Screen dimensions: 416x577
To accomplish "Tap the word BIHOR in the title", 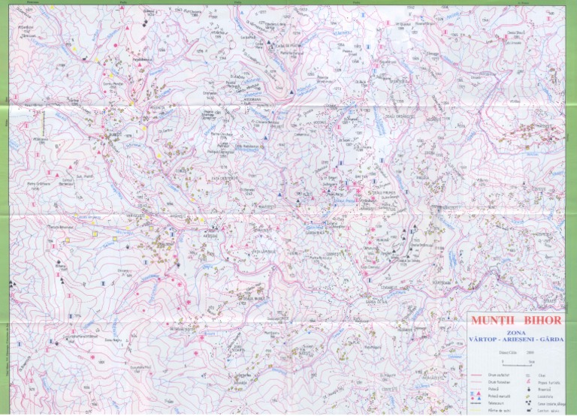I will point(542,321).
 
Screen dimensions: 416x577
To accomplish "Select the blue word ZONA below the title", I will point(516,333).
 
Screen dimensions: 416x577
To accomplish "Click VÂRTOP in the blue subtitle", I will point(484,339).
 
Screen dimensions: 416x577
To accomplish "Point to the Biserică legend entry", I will point(541,390).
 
